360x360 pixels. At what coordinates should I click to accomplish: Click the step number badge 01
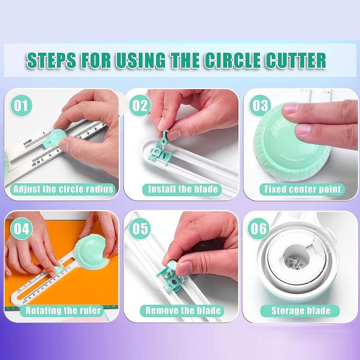tap(21, 106)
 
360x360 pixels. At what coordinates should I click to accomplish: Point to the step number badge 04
tap(21, 228)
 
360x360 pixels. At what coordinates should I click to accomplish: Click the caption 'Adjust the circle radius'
tap(63, 189)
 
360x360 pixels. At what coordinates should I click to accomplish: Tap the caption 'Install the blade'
tap(183, 189)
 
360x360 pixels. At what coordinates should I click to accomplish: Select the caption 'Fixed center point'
tap(302, 189)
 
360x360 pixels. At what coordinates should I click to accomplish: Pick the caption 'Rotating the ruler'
tap(63, 310)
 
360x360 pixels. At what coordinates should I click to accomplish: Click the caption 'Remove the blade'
tap(183, 310)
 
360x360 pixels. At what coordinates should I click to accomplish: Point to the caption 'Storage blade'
tap(301, 310)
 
